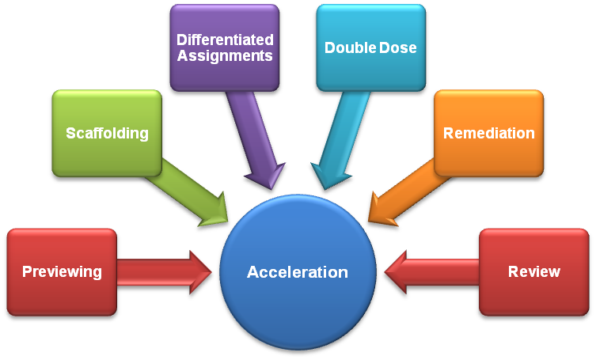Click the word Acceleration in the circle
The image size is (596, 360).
click(x=297, y=272)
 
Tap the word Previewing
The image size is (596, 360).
click(x=62, y=272)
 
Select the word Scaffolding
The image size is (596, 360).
click(x=107, y=133)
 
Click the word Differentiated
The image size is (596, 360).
click(x=225, y=40)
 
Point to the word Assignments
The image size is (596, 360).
click(x=225, y=56)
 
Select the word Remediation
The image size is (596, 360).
click(x=488, y=133)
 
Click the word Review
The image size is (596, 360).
click(x=533, y=272)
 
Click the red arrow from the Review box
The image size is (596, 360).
click(x=431, y=272)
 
